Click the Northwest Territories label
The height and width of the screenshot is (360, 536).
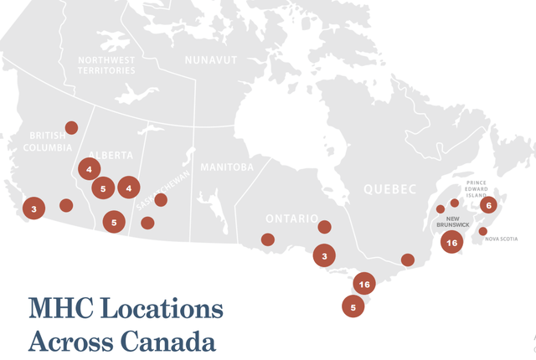[106, 65]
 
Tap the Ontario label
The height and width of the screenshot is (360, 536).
[291, 219]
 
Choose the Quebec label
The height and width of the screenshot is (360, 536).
[389, 190]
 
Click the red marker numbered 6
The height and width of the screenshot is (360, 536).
[489, 205]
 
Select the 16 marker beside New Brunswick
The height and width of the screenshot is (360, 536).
[452, 243]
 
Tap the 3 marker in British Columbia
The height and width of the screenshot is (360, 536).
[33, 208]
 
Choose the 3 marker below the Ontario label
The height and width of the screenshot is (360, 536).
[324, 255]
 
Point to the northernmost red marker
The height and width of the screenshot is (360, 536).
[71, 127]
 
